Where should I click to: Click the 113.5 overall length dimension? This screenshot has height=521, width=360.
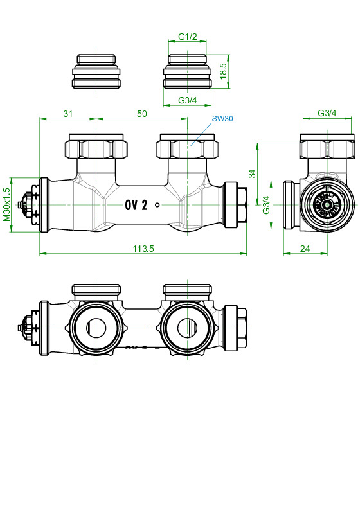pyautogui.click(x=142, y=249)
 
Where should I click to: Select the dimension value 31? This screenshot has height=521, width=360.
pyautogui.click(x=67, y=114)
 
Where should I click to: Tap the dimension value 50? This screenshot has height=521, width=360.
pyautogui.click(x=142, y=114)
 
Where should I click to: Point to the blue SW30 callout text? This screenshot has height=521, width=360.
pyautogui.click(x=222, y=119)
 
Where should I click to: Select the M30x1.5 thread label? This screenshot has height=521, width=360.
pyautogui.click(x=7, y=204)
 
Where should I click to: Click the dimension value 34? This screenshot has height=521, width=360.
pyautogui.click(x=253, y=173)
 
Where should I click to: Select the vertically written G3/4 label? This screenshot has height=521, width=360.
pyautogui.click(x=265, y=204)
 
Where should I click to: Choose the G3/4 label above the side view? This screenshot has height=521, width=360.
pyautogui.click(x=327, y=114)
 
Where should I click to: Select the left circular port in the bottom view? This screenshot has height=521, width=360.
pyautogui.click(x=95, y=326)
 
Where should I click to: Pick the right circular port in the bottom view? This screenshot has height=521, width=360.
pyautogui.click(x=187, y=326)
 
